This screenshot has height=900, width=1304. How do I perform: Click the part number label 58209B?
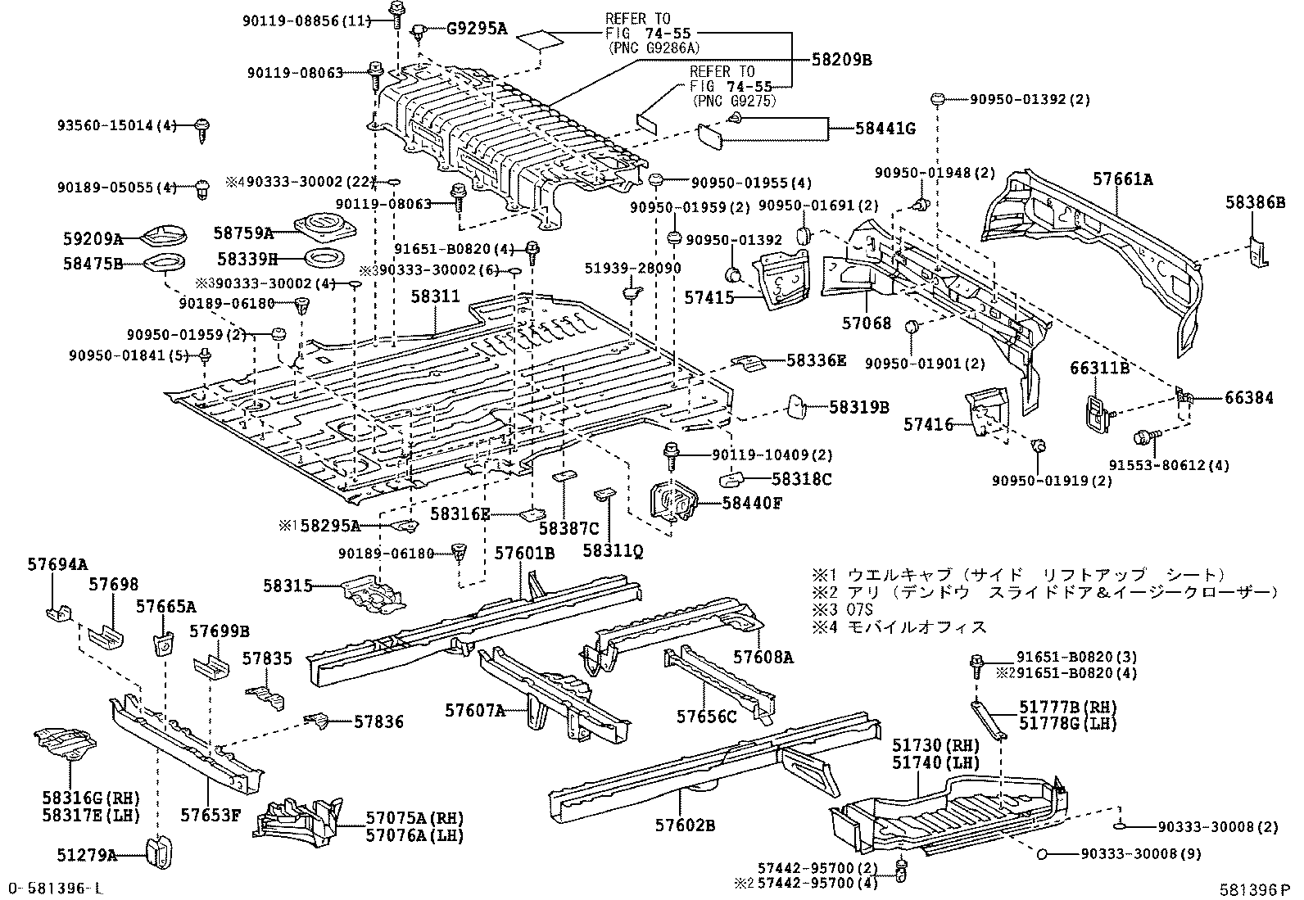[842, 60]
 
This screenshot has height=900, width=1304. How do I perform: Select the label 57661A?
[1123, 179]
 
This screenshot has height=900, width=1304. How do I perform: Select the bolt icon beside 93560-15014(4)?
[202, 129]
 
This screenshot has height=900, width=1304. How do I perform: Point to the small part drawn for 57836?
[319, 721]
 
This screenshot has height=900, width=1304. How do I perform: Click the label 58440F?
[752, 503]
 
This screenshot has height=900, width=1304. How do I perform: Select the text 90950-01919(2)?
[1052, 481]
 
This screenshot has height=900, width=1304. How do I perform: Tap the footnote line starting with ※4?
[899, 627]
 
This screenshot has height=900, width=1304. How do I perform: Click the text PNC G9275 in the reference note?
[734, 101]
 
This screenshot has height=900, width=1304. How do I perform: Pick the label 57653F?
[211, 815]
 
